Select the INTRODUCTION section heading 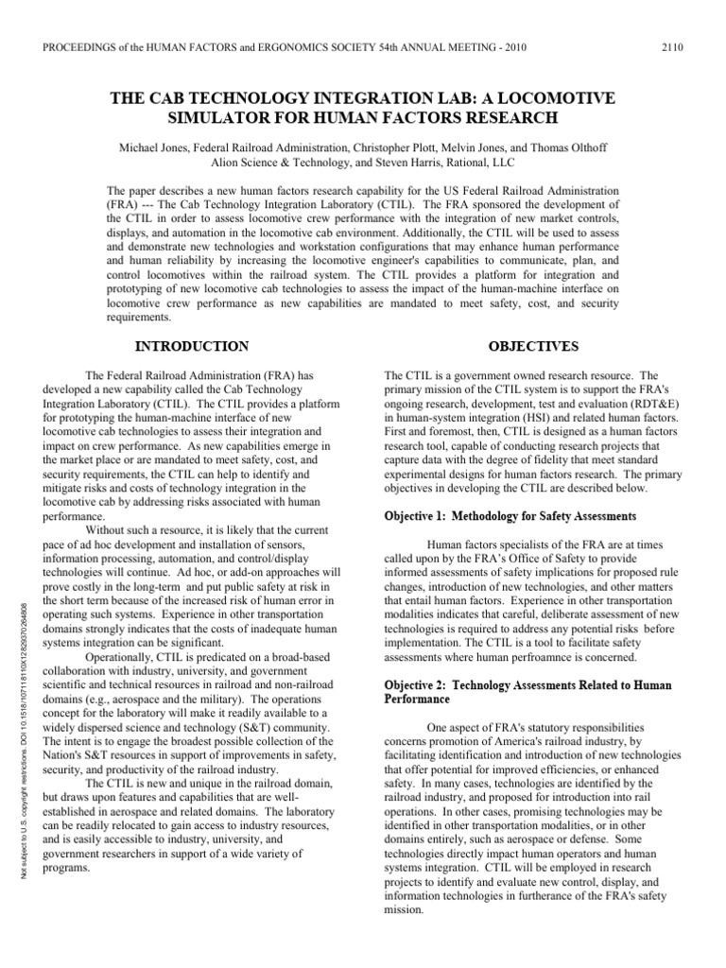click(x=194, y=347)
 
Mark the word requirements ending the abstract click(x=143, y=319)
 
